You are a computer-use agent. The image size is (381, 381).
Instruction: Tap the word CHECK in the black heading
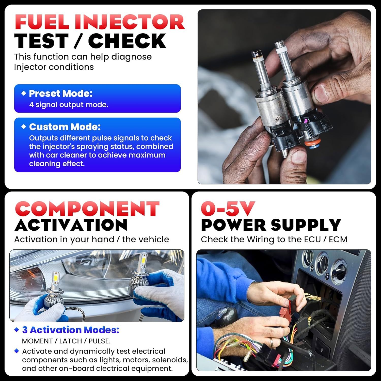(127, 41)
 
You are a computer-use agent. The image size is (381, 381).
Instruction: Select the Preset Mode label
(61, 93)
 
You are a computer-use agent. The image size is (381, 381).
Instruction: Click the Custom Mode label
(65, 127)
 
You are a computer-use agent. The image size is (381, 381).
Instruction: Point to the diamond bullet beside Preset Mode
(24, 93)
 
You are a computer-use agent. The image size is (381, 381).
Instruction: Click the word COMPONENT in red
(87, 209)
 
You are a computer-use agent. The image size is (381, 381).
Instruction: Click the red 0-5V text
(228, 209)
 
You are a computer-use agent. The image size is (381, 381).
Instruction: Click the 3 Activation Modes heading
(71, 330)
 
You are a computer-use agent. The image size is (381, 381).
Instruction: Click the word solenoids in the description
(170, 360)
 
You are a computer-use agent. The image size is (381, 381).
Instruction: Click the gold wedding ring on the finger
(272, 343)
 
